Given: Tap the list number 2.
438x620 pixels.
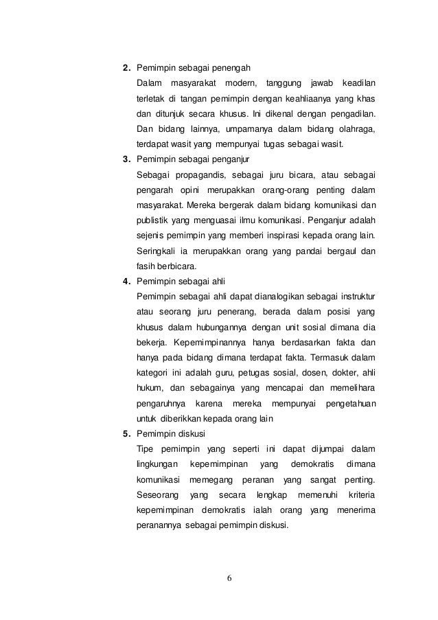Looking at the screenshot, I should [126, 69].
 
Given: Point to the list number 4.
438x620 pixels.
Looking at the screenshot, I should [126, 281].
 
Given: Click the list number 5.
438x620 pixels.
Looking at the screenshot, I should [126, 433].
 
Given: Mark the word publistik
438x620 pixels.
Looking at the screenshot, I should [154, 220].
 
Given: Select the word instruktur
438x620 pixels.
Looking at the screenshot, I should [353, 296].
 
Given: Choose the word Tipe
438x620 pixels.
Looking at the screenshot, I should [146, 448].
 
